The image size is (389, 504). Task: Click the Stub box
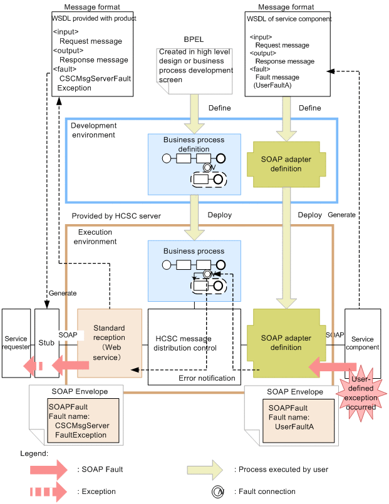point(46,343)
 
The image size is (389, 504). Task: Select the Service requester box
point(16,343)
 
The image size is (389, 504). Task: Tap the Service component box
point(362,343)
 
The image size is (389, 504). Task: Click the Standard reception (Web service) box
point(110,342)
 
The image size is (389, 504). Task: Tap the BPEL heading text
point(196,39)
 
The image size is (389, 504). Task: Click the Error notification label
point(207,378)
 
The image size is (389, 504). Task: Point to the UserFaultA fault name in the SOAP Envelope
point(294,426)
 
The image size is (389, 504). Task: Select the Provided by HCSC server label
point(116,215)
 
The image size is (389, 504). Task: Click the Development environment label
point(93,130)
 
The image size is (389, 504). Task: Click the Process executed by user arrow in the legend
point(207,468)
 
